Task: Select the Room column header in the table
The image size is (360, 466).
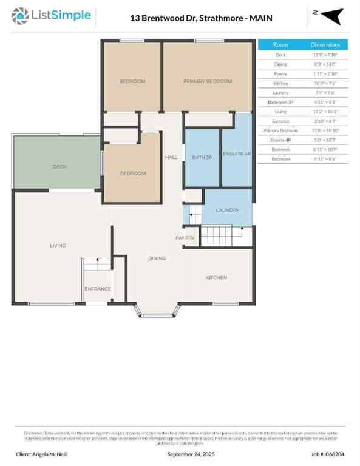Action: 280,44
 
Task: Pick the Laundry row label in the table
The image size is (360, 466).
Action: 280,92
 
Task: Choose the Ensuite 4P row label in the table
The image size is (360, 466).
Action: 280,140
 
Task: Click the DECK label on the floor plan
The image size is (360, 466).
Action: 59,166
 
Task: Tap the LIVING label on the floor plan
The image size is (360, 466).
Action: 58,245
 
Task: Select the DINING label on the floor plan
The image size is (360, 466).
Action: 157,258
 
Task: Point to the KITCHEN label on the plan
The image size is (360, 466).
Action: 216,277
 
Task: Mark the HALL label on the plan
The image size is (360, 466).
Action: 171,158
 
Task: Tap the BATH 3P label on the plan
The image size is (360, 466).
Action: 202,158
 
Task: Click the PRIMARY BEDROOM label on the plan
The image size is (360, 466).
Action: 208,81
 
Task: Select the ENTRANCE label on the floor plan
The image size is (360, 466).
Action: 97,289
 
